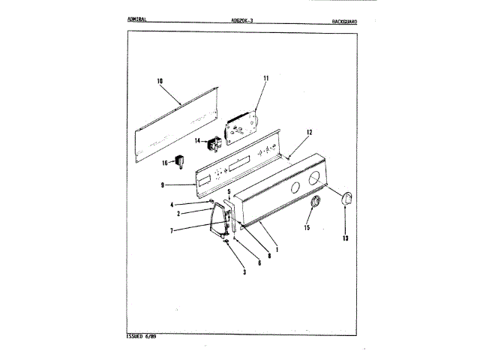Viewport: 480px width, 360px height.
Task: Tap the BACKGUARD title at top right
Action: pyautogui.click(x=344, y=22)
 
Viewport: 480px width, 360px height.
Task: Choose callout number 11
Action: pyautogui.click(x=265, y=78)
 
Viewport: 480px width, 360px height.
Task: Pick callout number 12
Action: pyautogui.click(x=308, y=132)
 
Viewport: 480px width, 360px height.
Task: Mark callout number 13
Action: pyautogui.click(x=345, y=238)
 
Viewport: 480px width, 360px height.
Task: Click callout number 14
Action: pyautogui.click(x=198, y=140)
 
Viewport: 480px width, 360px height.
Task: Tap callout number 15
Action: pyautogui.click(x=307, y=227)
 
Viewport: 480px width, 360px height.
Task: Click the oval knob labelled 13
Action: pyautogui.click(x=347, y=199)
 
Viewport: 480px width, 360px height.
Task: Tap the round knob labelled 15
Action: pyautogui.click(x=314, y=202)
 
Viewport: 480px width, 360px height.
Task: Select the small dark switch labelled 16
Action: pyautogui.click(x=180, y=160)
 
